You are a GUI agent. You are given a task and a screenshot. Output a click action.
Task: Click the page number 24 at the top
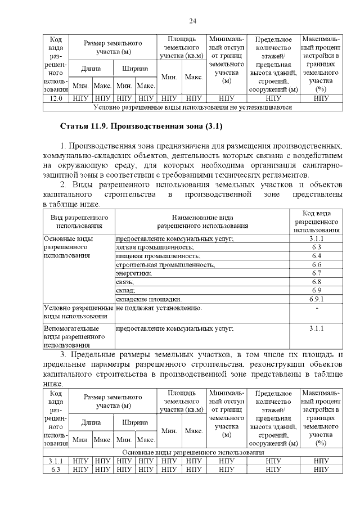click(x=192, y=21)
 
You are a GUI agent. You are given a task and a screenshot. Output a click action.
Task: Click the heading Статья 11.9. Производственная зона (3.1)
click(x=142, y=125)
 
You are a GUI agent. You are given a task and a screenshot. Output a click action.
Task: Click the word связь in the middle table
click(x=125, y=281)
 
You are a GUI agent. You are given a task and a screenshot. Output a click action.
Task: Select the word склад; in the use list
click(x=127, y=290)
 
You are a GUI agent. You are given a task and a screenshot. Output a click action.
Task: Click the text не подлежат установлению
click(x=159, y=308)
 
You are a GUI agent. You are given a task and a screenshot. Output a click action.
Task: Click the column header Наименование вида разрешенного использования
click(x=202, y=221)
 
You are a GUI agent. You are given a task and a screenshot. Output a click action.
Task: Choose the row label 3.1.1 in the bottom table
click(x=55, y=461)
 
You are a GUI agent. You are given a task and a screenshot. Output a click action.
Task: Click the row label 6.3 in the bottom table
click(x=55, y=469)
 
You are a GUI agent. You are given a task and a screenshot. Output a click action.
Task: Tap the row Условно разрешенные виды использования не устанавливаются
click(x=192, y=106)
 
